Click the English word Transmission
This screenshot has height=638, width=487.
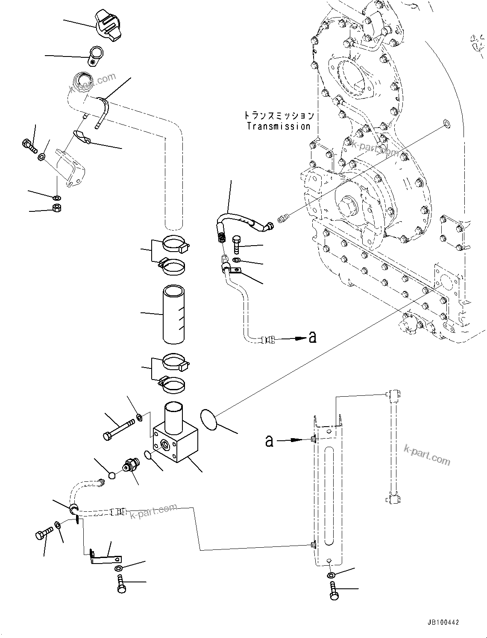(x=279, y=127)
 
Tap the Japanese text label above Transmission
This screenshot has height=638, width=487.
(x=279, y=116)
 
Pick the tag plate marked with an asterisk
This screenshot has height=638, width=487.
(x=96, y=56)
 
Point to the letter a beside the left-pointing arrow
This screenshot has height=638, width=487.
(x=313, y=338)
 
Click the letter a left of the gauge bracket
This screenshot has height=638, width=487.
(x=269, y=440)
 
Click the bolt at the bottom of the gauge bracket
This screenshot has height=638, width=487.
(x=333, y=590)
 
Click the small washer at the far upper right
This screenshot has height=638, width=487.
(x=446, y=124)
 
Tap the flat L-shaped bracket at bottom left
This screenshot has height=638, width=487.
(x=105, y=558)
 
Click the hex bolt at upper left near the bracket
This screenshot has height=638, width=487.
(x=28, y=144)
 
